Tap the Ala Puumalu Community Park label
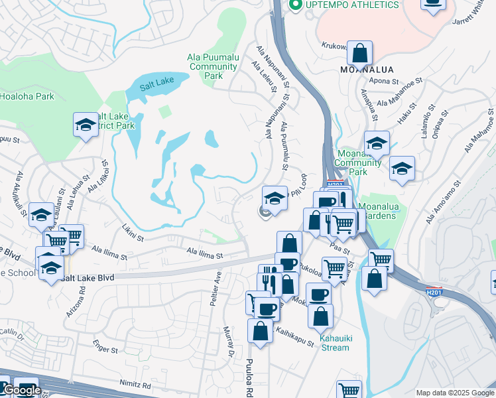[x=214, y=66]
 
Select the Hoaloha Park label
[x=27, y=96]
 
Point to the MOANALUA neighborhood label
[x=367, y=70]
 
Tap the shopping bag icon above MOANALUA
[x=359, y=52]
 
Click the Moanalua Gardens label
[x=387, y=211]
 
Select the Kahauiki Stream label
[x=334, y=342]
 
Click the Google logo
[x=21, y=391]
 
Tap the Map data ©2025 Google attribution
[x=454, y=393]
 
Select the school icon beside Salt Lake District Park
[x=86, y=125]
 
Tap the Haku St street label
[x=404, y=117]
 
